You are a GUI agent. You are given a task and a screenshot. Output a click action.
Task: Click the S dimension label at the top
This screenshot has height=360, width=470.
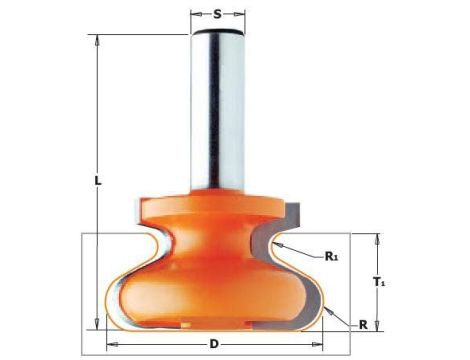coord(217,14)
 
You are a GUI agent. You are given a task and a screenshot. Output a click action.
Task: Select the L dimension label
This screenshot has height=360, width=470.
coord(97,181)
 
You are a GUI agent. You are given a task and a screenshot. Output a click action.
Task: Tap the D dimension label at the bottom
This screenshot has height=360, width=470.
coord(214,344)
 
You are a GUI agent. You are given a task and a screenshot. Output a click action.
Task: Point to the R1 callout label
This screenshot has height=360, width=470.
coord(331,256)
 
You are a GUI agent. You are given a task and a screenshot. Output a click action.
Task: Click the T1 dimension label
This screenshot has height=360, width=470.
coord(379,282)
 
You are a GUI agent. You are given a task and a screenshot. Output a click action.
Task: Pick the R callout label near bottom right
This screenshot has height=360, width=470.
coord(363,324)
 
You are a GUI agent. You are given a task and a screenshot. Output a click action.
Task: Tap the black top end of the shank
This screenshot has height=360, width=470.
coord(218,32)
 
